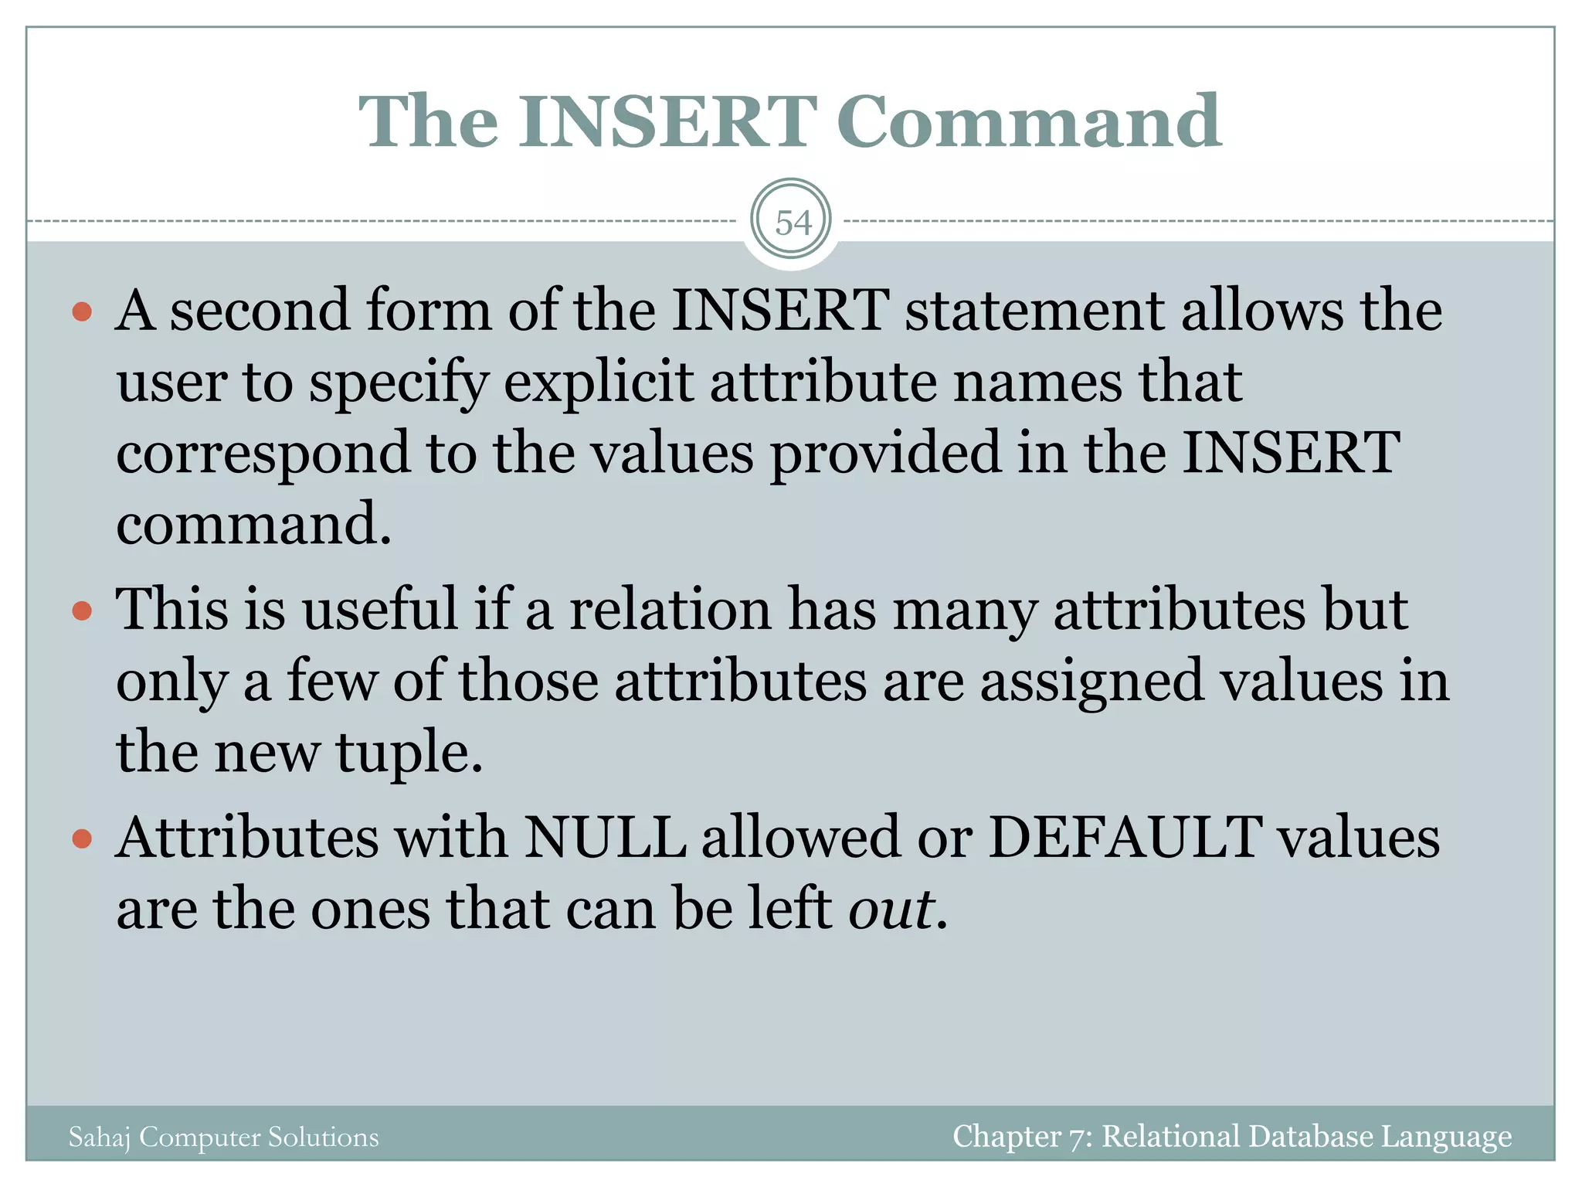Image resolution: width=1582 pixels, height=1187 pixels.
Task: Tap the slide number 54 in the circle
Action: pos(793,223)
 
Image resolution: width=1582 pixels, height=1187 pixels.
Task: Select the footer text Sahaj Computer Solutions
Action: pos(223,1137)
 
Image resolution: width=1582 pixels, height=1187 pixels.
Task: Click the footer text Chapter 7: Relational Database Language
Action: pos(1231,1136)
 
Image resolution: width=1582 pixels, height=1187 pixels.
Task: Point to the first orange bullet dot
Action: pos(82,312)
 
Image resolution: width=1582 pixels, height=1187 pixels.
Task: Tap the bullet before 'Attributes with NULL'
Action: pos(82,839)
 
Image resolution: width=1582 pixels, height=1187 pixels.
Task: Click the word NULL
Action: pos(605,838)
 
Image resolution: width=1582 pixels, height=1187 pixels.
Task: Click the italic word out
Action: pos(891,910)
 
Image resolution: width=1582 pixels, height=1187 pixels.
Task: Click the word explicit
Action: pos(599,383)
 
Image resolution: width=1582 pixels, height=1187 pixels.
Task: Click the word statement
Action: pos(1035,311)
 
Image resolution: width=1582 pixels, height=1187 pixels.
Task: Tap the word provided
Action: pos(885,454)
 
